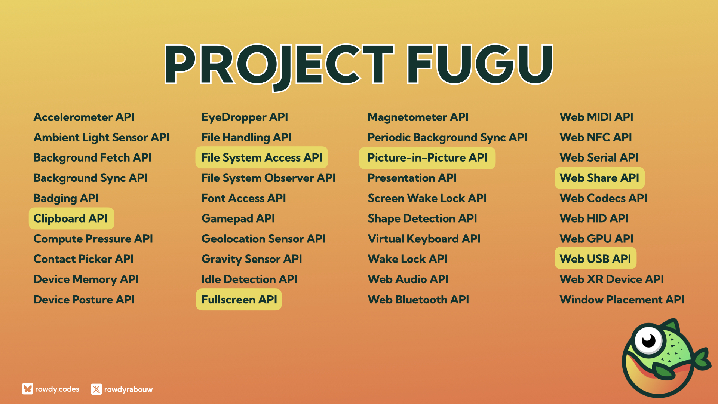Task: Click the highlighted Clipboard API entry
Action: pyautogui.click(x=71, y=218)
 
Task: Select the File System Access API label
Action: pyautogui.click(x=262, y=157)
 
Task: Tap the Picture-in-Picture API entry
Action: pyautogui.click(x=427, y=158)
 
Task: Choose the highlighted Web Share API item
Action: pyautogui.click(x=599, y=178)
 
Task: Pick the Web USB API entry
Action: pyautogui.click(x=595, y=258)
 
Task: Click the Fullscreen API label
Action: pyautogui.click(x=239, y=299)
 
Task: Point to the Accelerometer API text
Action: pyautogui.click(x=84, y=117)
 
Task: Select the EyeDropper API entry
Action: pyautogui.click(x=245, y=117)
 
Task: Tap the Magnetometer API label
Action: pyautogui.click(x=418, y=117)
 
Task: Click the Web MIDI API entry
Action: pyautogui.click(x=596, y=117)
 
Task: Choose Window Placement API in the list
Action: pyautogui.click(x=622, y=300)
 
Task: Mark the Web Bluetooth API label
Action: pyautogui.click(x=418, y=300)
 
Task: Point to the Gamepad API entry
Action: pyautogui.click(x=238, y=219)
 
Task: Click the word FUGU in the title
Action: pyautogui.click(x=480, y=64)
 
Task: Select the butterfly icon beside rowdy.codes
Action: pyautogui.click(x=27, y=389)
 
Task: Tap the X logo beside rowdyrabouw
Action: pyautogui.click(x=96, y=389)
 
